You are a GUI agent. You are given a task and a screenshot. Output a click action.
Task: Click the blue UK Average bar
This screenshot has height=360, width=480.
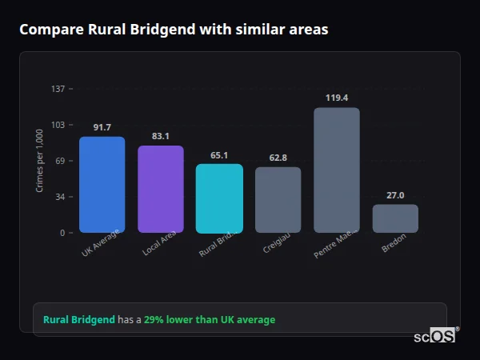[x=102, y=185]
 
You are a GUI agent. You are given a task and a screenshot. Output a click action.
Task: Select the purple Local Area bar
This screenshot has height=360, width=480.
[x=161, y=190]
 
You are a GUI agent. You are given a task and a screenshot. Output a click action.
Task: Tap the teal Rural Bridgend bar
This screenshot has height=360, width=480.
[x=219, y=198]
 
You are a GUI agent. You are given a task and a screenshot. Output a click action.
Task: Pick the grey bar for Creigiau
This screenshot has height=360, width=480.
[x=278, y=200]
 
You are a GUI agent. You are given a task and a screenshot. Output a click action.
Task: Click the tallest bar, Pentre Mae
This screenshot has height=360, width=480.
[x=337, y=170]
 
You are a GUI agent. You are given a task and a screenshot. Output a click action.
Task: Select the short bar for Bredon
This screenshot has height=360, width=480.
[x=395, y=218]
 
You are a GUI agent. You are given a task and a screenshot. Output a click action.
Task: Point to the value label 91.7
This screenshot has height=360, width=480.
[x=102, y=127]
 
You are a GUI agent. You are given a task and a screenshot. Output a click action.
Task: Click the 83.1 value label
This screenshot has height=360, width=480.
[x=161, y=136]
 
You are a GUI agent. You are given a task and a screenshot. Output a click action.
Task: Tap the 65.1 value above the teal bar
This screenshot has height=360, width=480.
[x=219, y=155]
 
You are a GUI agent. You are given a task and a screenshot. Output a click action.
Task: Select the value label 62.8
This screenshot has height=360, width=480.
[x=278, y=158]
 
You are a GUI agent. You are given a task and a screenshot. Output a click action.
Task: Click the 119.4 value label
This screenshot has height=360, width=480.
[x=337, y=98]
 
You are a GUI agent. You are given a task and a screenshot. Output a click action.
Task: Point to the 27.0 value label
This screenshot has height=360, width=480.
[x=395, y=195]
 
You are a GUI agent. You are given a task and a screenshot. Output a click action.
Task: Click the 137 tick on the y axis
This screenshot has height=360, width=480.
[x=58, y=89]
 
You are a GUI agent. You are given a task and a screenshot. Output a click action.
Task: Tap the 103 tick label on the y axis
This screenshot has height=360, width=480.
[x=58, y=125]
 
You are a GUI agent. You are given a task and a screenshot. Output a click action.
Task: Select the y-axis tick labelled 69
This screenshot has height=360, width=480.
[x=60, y=161]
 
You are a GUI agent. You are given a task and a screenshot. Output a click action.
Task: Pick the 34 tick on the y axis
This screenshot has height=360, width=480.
[x=60, y=197]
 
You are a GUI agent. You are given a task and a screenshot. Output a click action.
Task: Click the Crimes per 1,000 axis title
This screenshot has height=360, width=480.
[x=39, y=161]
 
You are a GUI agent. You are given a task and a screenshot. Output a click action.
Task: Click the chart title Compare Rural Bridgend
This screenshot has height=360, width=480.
[x=174, y=29]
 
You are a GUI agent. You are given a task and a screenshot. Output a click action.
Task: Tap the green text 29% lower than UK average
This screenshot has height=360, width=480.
[x=210, y=320]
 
